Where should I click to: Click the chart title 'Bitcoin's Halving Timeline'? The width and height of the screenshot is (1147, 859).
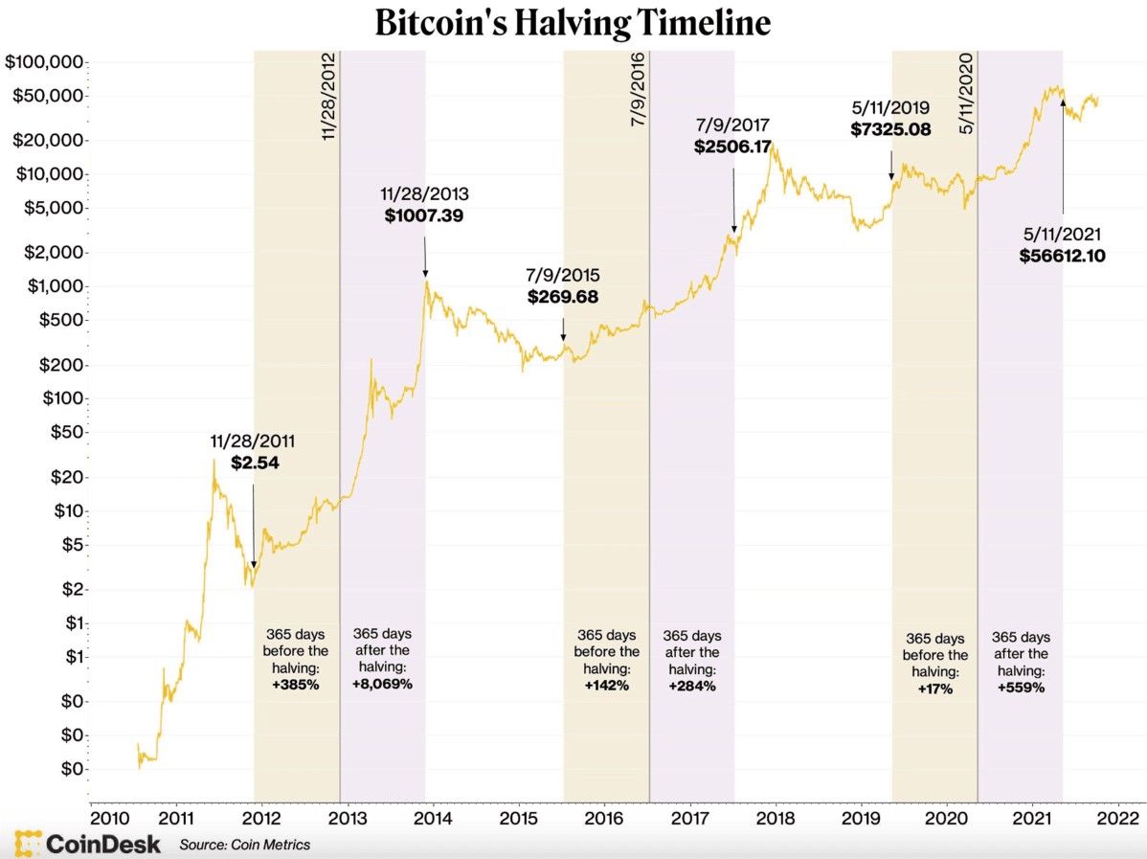(x=573, y=22)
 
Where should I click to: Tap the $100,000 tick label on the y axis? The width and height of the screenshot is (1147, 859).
(x=45, y=62)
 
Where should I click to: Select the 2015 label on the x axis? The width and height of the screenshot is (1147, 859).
(x=518, y=819)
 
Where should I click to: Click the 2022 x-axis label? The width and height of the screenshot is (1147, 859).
(x=1117, y=819)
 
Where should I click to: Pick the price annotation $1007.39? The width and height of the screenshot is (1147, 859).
(x=424, y=216)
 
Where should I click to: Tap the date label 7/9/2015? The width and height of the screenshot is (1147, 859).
(x=563, y=275)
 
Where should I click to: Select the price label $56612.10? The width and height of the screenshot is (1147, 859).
(x=1063, y=256)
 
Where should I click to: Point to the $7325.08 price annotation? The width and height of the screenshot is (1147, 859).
(x=890, y=129)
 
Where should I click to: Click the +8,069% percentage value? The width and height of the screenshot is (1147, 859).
(x=381, y=685)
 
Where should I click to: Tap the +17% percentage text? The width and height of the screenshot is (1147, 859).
(x=934, y=689)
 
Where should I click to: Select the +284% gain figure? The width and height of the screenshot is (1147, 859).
(x=691, y=687)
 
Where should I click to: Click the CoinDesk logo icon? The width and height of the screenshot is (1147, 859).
(x=28, y=844)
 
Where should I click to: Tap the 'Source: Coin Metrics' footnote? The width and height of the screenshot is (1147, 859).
(x=244, y=845)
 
